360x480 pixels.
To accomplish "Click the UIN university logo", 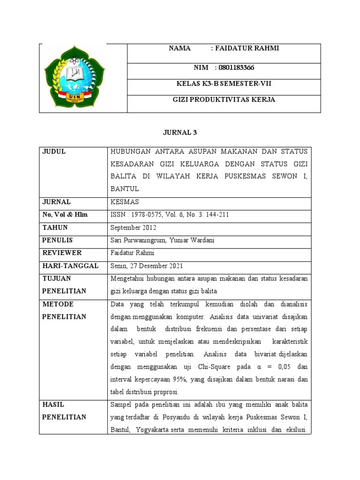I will coord(75,76).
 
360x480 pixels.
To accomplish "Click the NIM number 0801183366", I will coord(237,67).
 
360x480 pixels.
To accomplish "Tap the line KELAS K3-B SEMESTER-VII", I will coord(224,84).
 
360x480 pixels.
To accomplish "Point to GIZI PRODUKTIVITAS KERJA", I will coord(224,99).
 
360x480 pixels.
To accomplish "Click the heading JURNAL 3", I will coord(180,132).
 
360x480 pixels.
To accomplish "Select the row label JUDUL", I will coord(54,151).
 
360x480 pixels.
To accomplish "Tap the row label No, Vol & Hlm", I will coord(65,215).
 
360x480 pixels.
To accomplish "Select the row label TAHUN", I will coord(55,227).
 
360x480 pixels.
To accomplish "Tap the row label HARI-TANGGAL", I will coord(70,266).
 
